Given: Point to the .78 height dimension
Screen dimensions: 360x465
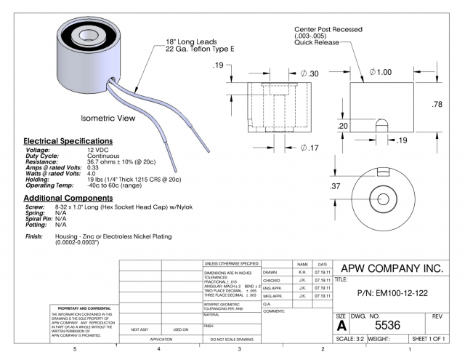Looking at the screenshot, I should click(437, 105).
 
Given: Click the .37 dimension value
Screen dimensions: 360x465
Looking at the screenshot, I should click(336, 188).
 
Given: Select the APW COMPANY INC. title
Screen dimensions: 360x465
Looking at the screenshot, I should click(390, 268).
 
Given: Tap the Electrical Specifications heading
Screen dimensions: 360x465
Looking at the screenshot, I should click(68, 140).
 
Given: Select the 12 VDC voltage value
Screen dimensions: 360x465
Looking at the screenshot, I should click(97, 149).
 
